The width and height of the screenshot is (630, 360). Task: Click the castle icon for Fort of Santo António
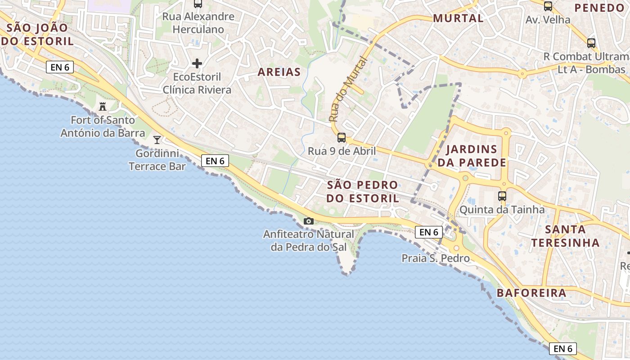pos(103,107)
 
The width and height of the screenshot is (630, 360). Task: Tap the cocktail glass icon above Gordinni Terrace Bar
pos(157,140)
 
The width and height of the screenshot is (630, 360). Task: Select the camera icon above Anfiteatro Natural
pos(309,221)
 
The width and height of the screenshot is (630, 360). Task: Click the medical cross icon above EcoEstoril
pos(197,63)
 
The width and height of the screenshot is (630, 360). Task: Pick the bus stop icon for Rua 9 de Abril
pos(342,138)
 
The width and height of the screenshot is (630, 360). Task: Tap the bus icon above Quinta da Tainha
pos(502,196)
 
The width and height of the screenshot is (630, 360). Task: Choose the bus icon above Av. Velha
pos(548,6)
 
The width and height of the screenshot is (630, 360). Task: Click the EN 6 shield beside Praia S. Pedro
pos(428,232)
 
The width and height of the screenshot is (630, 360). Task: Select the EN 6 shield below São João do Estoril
pos(60,67)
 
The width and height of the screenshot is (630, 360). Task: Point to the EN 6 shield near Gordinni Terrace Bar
pos(215,161)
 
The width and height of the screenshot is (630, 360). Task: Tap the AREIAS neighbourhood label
pos(279,72)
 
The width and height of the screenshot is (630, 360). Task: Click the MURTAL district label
pos(458,18)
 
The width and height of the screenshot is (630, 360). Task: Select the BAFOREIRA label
pos(531,293)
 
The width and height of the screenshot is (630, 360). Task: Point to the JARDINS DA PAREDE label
pos(472,156)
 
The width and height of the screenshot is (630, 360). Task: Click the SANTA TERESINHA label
pos(565,236)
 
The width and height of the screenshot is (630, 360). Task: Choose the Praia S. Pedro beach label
pos(436,258)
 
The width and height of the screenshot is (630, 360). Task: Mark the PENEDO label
pos(599,8)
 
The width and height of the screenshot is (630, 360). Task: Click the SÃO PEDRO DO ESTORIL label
pos(362,192)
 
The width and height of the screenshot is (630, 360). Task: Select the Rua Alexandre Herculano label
pos(198,23)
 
